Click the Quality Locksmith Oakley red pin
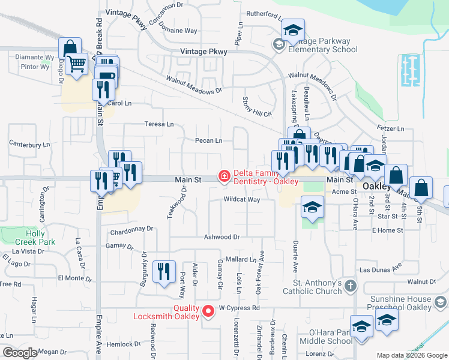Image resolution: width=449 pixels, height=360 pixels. point(208,311)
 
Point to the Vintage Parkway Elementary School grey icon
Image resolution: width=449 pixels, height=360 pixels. point(278,44)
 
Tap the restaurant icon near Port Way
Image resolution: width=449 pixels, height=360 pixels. point(163,272)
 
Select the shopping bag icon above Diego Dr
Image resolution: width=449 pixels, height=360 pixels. point(70,47)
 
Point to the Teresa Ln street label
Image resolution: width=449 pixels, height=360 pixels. point(159,124)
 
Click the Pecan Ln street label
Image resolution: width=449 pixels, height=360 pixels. point(208,141)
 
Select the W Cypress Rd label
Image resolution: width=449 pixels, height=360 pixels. point(238,308)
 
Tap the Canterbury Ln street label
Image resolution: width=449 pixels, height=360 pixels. point(29,145)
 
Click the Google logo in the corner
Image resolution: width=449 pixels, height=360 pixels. point(21,353)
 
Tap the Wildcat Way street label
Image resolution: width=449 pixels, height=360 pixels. point(241,199)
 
